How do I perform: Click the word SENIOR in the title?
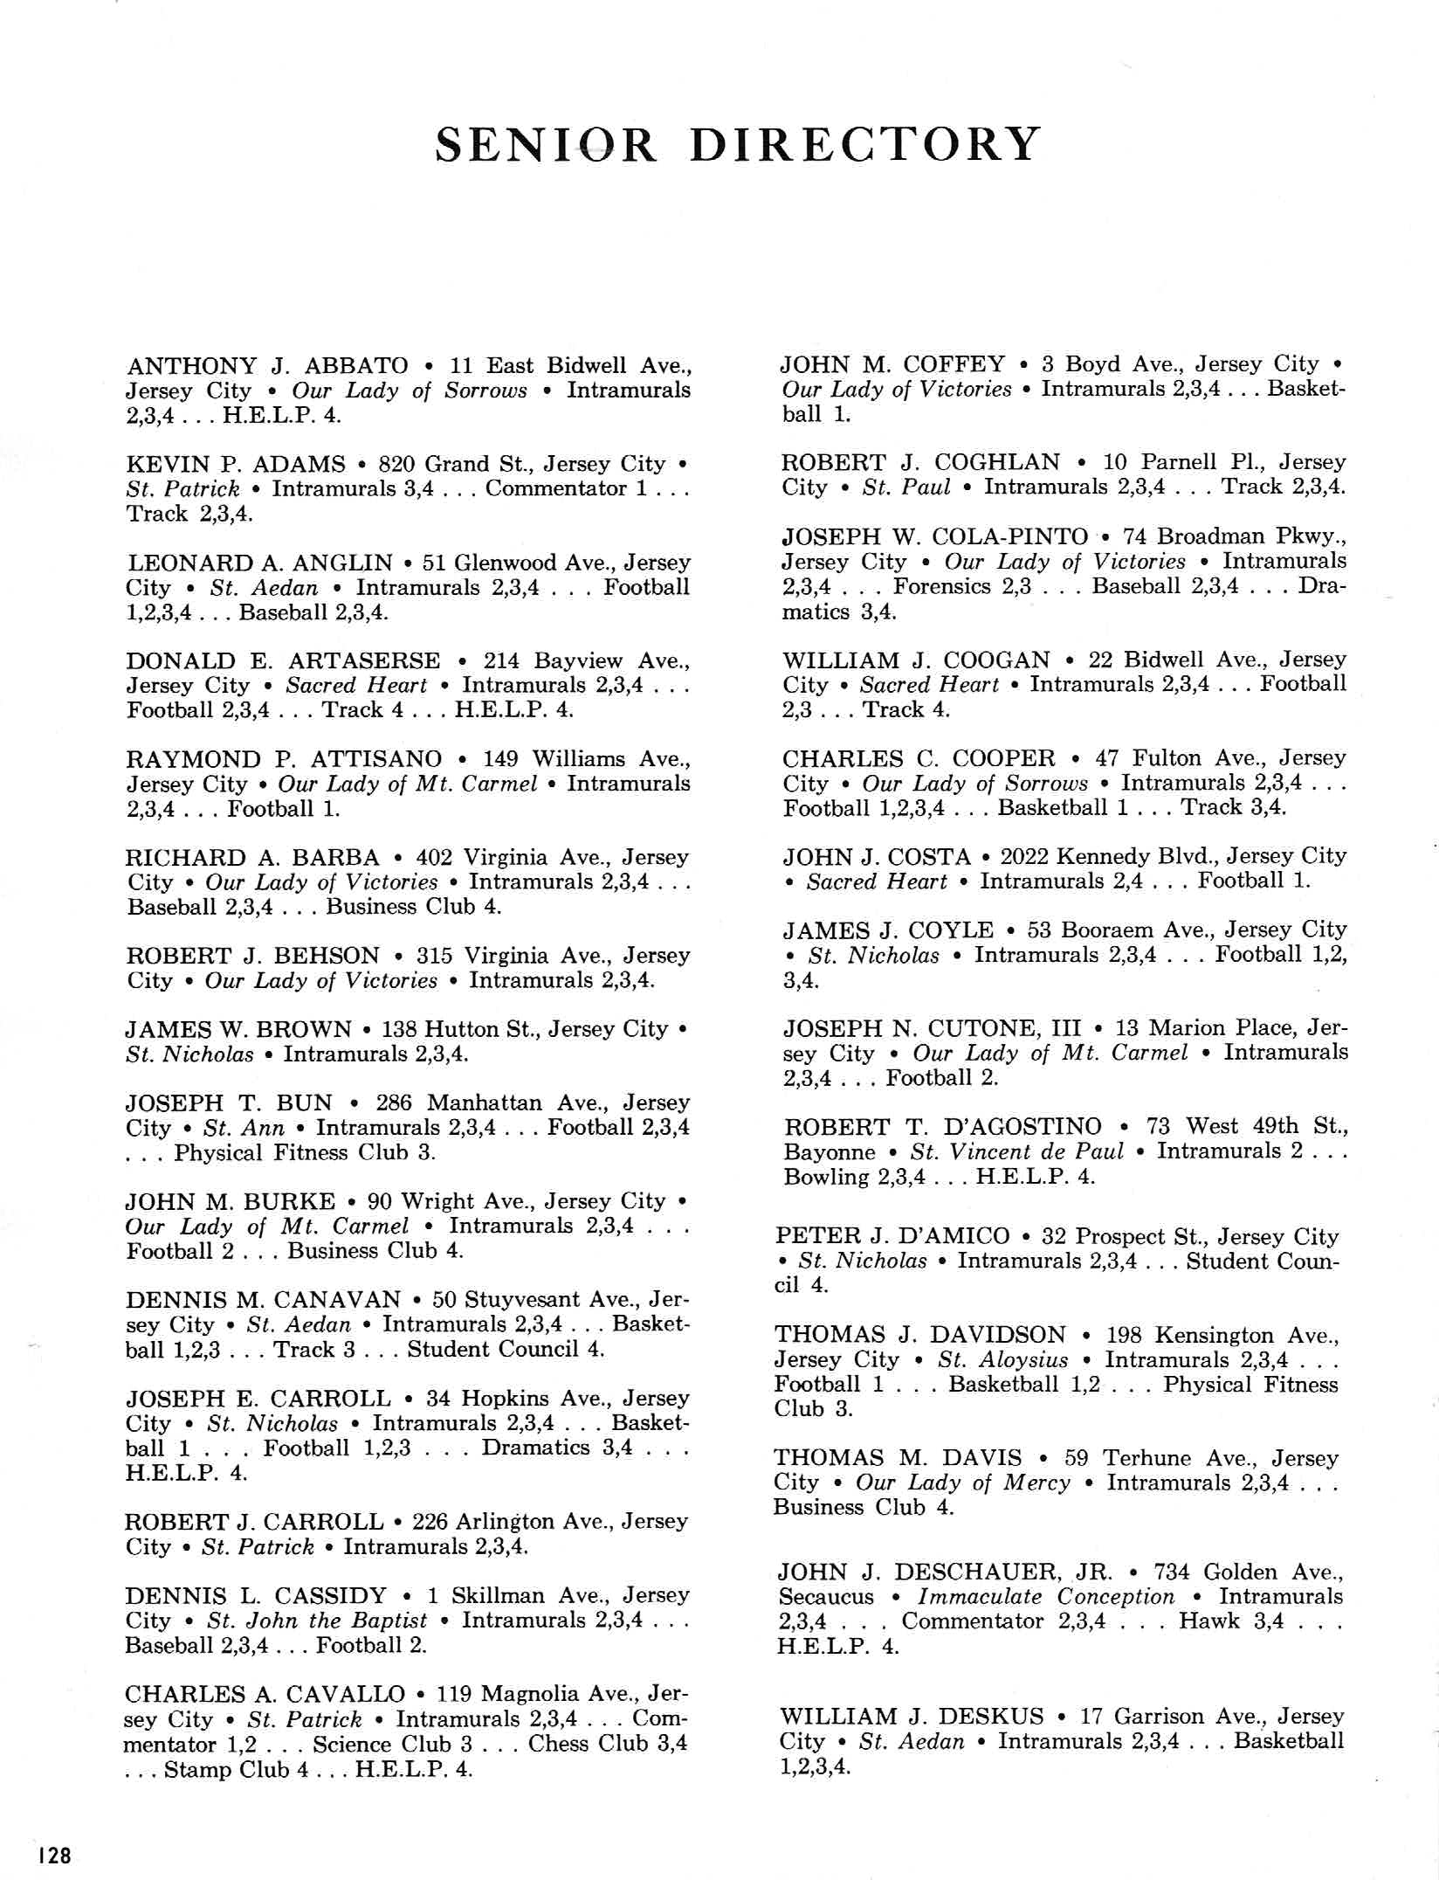[x=546, y=144]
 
